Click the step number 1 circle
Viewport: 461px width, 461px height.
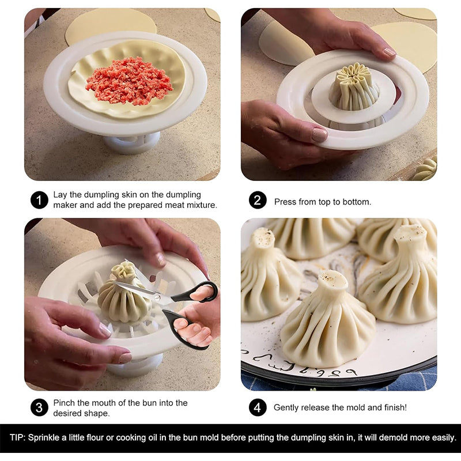click(39, 200)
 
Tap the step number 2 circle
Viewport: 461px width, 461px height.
click(258, 200)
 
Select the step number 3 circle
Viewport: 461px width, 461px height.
click(39, 407)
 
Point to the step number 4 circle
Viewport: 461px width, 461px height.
click(258, 407)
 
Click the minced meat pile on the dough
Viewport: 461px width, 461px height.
click(129, 81)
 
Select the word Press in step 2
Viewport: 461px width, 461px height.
click(285, 202)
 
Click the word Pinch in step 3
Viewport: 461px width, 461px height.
click(65, 403)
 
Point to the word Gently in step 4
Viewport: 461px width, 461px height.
click(287, 407)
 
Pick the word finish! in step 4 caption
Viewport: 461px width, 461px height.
click(394, 407)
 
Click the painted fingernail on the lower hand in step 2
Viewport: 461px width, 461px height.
click(319, 135)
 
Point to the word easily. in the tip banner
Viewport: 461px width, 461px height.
click(442, 438)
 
